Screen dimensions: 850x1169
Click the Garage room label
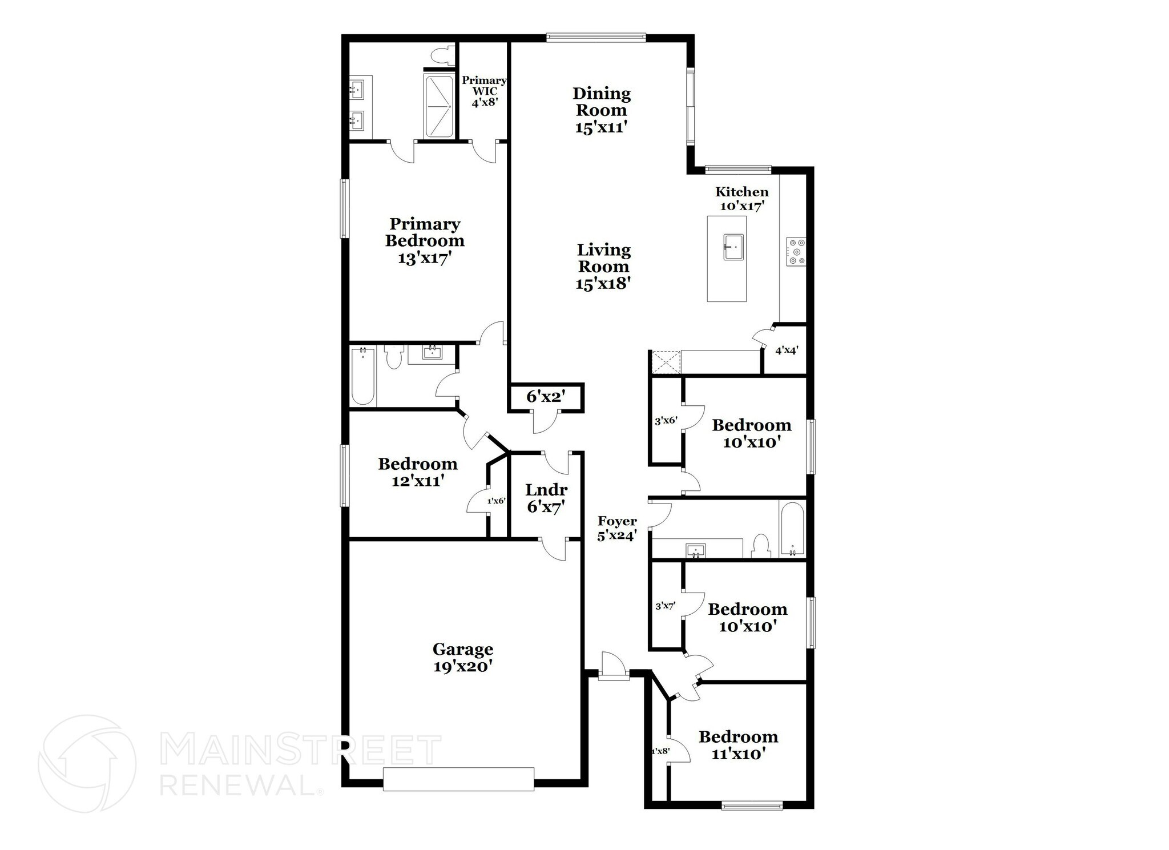point(462,658)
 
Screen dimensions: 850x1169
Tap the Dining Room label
point(602,110)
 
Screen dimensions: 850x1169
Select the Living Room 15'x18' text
point(603,266)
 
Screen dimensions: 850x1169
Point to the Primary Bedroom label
point(425,240)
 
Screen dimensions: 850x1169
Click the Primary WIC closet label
point(484,91)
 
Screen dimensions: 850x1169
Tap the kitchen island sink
point(733,247)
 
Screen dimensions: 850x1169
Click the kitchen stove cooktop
point(796,252)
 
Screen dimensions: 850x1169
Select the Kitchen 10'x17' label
point(741,199)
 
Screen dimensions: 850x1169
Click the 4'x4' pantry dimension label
point(786,351)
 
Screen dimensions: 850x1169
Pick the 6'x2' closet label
point(545,397)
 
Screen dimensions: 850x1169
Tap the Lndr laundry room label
point(546,498)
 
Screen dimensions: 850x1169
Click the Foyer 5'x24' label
point(617,528)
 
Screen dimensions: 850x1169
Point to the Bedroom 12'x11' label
point(418,472)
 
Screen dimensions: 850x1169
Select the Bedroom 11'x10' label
point(738,745)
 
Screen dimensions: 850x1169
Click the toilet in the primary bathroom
point(442,55)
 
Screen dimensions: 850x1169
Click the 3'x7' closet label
point(665,606)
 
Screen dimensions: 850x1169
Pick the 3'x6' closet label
point(666,421)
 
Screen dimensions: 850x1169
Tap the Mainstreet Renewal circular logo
point(87,763)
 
